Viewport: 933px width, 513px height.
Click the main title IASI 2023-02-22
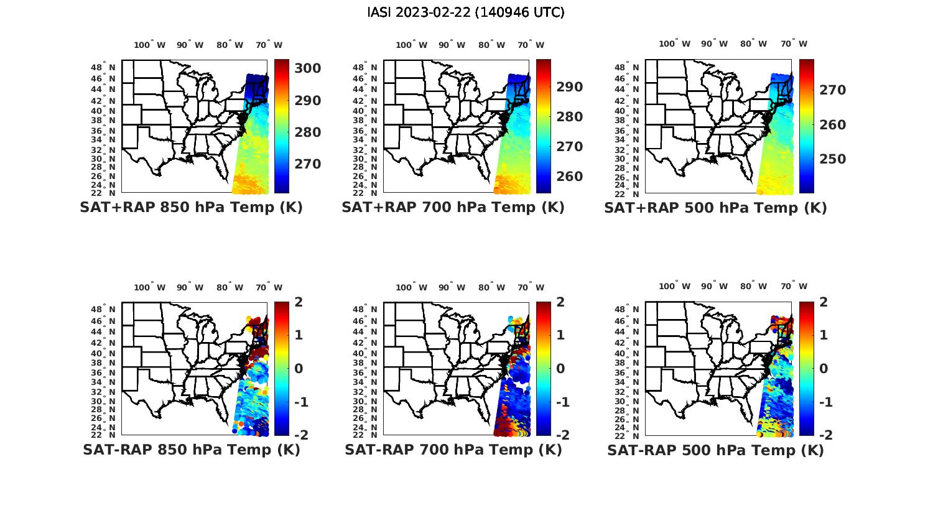(x=466, y=12)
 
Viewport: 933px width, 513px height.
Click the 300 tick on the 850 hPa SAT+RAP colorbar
(x=307, y=68)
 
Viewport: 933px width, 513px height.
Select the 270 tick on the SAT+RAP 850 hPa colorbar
(x=307, y=164)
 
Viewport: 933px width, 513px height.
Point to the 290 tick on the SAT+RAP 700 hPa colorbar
(x=570, y=87)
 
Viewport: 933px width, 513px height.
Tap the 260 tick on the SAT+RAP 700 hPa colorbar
(x=570, y=177)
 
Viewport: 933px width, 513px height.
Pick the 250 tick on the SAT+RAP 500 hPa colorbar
(x=832, y=159)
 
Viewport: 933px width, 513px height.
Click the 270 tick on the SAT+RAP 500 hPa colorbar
(x=832, y=90)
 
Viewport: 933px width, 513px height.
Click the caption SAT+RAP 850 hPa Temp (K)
(x=191, y=208)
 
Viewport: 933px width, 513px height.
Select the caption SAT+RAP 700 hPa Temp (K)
(x=453, y=208)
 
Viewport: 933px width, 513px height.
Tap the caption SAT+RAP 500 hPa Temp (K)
(x=715, y=208)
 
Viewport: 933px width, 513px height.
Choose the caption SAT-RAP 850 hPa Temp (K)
(x=191, y=450)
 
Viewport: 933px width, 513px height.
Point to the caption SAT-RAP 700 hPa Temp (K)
(x=453, y=450)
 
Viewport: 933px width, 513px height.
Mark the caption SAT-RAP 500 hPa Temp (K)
(x=715, y=450)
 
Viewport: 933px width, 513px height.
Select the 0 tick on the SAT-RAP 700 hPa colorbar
(x=560, y=368)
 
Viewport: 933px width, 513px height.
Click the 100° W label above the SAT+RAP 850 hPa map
(x=149, y=45)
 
